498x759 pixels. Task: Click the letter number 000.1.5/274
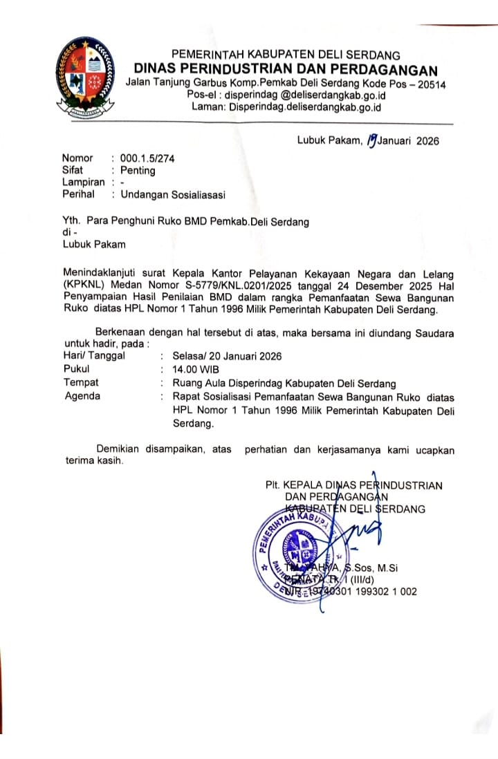[147, 158]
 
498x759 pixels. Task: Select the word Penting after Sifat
[138, 170]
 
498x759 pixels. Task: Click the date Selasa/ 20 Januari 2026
[228, 356]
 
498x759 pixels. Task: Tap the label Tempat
[81, 382]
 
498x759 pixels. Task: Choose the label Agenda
[82, 396]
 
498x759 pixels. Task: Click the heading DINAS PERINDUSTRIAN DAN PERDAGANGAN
[286, 69]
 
